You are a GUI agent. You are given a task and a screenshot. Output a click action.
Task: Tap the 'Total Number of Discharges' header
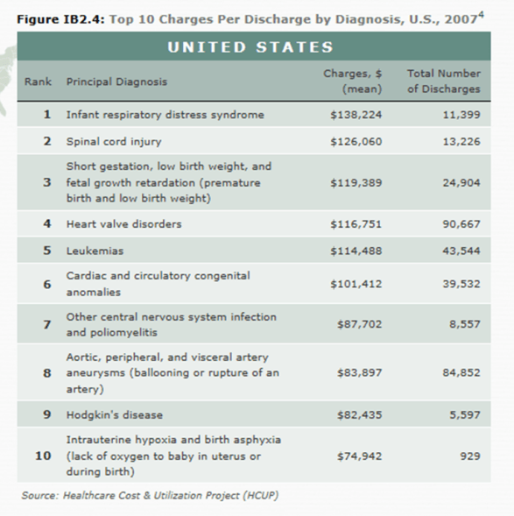[x=443, y=81]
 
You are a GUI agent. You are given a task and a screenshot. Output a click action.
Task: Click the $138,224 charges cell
[x=356, y=115]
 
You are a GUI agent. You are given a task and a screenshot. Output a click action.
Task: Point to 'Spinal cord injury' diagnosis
[x=114, y=141]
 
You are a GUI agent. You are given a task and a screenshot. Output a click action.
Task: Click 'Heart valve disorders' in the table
[x=124, y=224]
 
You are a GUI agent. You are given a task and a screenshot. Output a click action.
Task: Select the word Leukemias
[x=95, y=251]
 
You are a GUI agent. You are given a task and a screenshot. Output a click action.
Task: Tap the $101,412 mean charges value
[x=356, y=284]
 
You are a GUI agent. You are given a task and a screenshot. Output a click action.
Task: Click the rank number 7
[x=46, y=325]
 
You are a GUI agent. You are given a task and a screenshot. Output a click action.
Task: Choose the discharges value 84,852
[x=461, y=373]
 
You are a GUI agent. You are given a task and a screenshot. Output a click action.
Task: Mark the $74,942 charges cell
[x=359, y=456]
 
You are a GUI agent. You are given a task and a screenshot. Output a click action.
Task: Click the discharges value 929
[x=469, y=456]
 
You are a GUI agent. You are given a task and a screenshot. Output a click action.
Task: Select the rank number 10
[x=43, y=456]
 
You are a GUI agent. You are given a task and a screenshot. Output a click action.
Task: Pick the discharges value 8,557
[x=464, y=325]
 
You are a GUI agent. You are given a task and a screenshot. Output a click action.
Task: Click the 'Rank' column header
[x=38, y=81]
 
